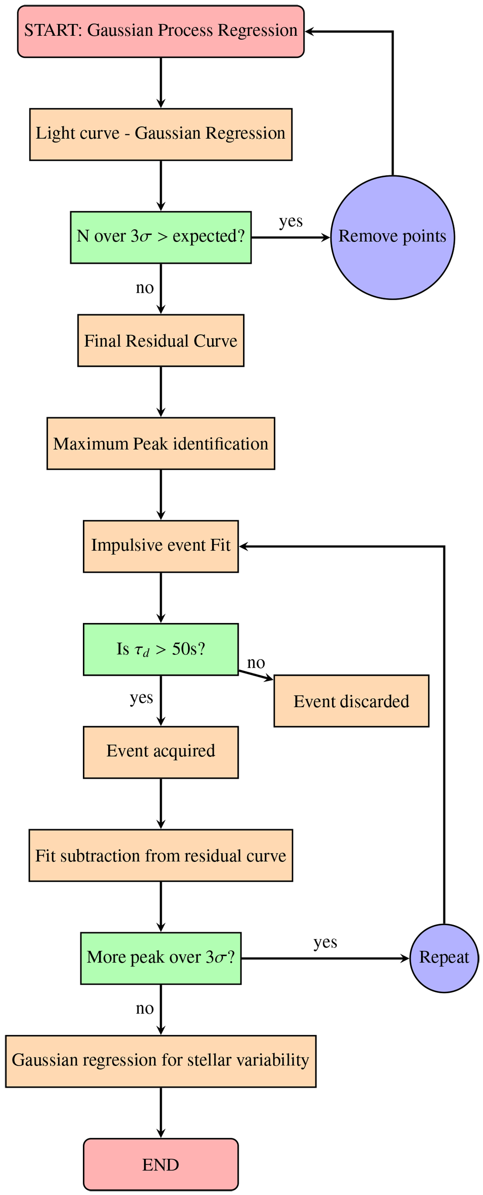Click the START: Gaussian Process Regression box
coord(161,31)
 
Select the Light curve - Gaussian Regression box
coord(161,134)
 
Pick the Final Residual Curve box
coord(161,341)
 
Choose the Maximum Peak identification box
coord(161,444)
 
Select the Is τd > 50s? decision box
coord(161,650)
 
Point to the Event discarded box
coord(351,701)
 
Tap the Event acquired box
coord(161,753)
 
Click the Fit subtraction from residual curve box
coord(161,856)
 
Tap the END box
coord(161,1164)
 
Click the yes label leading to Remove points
coord(291,221)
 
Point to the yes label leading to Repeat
coord(325,942)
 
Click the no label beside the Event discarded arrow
coord(256,663)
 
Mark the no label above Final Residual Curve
coord(144,288)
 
